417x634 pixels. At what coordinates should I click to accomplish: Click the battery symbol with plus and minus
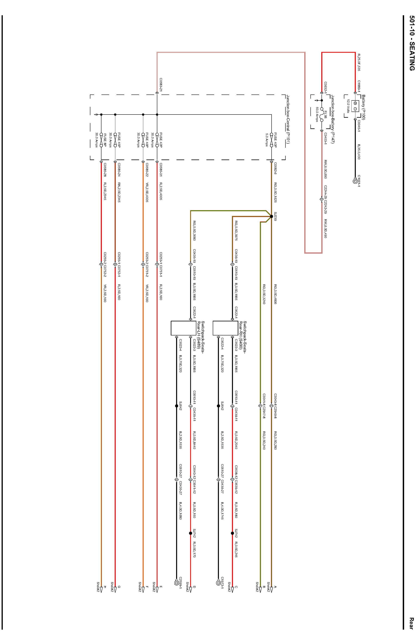point(355,106)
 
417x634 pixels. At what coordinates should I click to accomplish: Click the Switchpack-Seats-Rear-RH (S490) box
point(225,328)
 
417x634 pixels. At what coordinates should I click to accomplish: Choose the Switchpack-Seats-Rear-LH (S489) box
point(183,328)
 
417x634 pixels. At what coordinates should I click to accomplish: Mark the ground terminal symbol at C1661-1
point(355,181)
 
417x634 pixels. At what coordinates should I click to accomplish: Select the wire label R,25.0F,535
point(359,62)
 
